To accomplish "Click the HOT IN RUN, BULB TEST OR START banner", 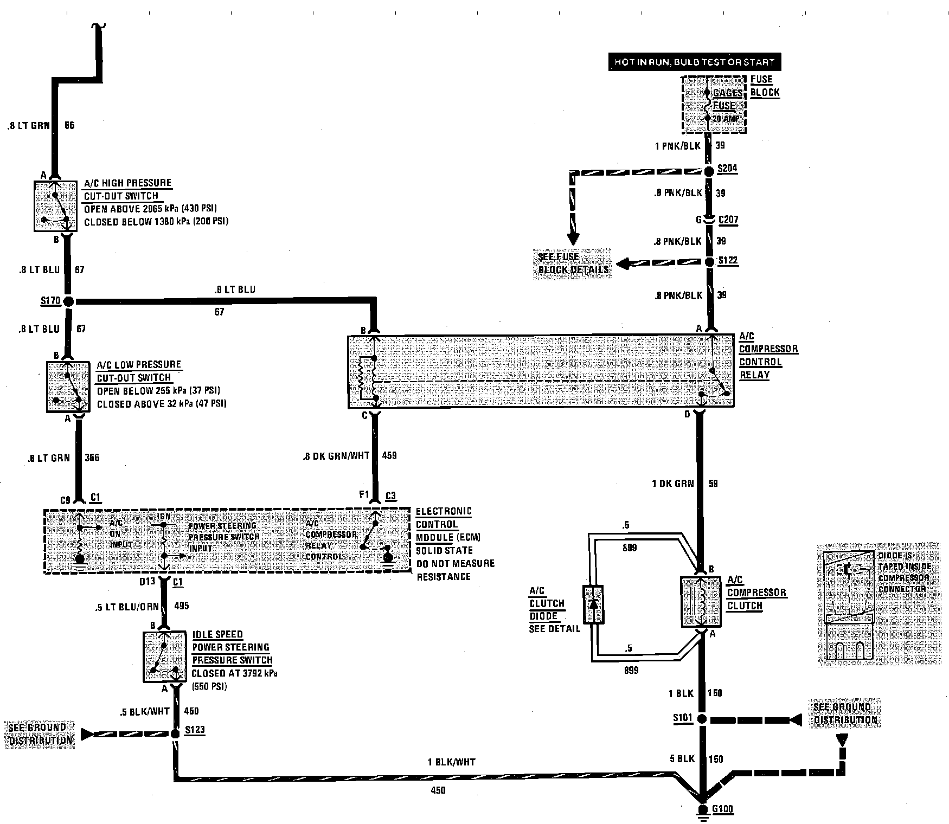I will [695, 62].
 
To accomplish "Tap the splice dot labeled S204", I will [709, 171].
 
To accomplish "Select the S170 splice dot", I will [68, 301].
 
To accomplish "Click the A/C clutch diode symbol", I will [593, 603].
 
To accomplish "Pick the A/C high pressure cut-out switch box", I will [55, 207].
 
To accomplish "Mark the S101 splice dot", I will [702, 719].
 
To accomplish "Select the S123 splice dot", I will [175, 734].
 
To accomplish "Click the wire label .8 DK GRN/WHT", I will [336, 456].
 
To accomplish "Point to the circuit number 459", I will [389, 456].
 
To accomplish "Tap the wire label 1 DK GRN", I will [672, 483].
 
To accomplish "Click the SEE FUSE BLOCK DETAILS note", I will [573, 263].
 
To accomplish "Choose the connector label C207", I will [728, 220].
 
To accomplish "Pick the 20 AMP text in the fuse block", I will [726, 119].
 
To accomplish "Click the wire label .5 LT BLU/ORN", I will [126, 606].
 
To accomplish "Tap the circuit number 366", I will [92, 458].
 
